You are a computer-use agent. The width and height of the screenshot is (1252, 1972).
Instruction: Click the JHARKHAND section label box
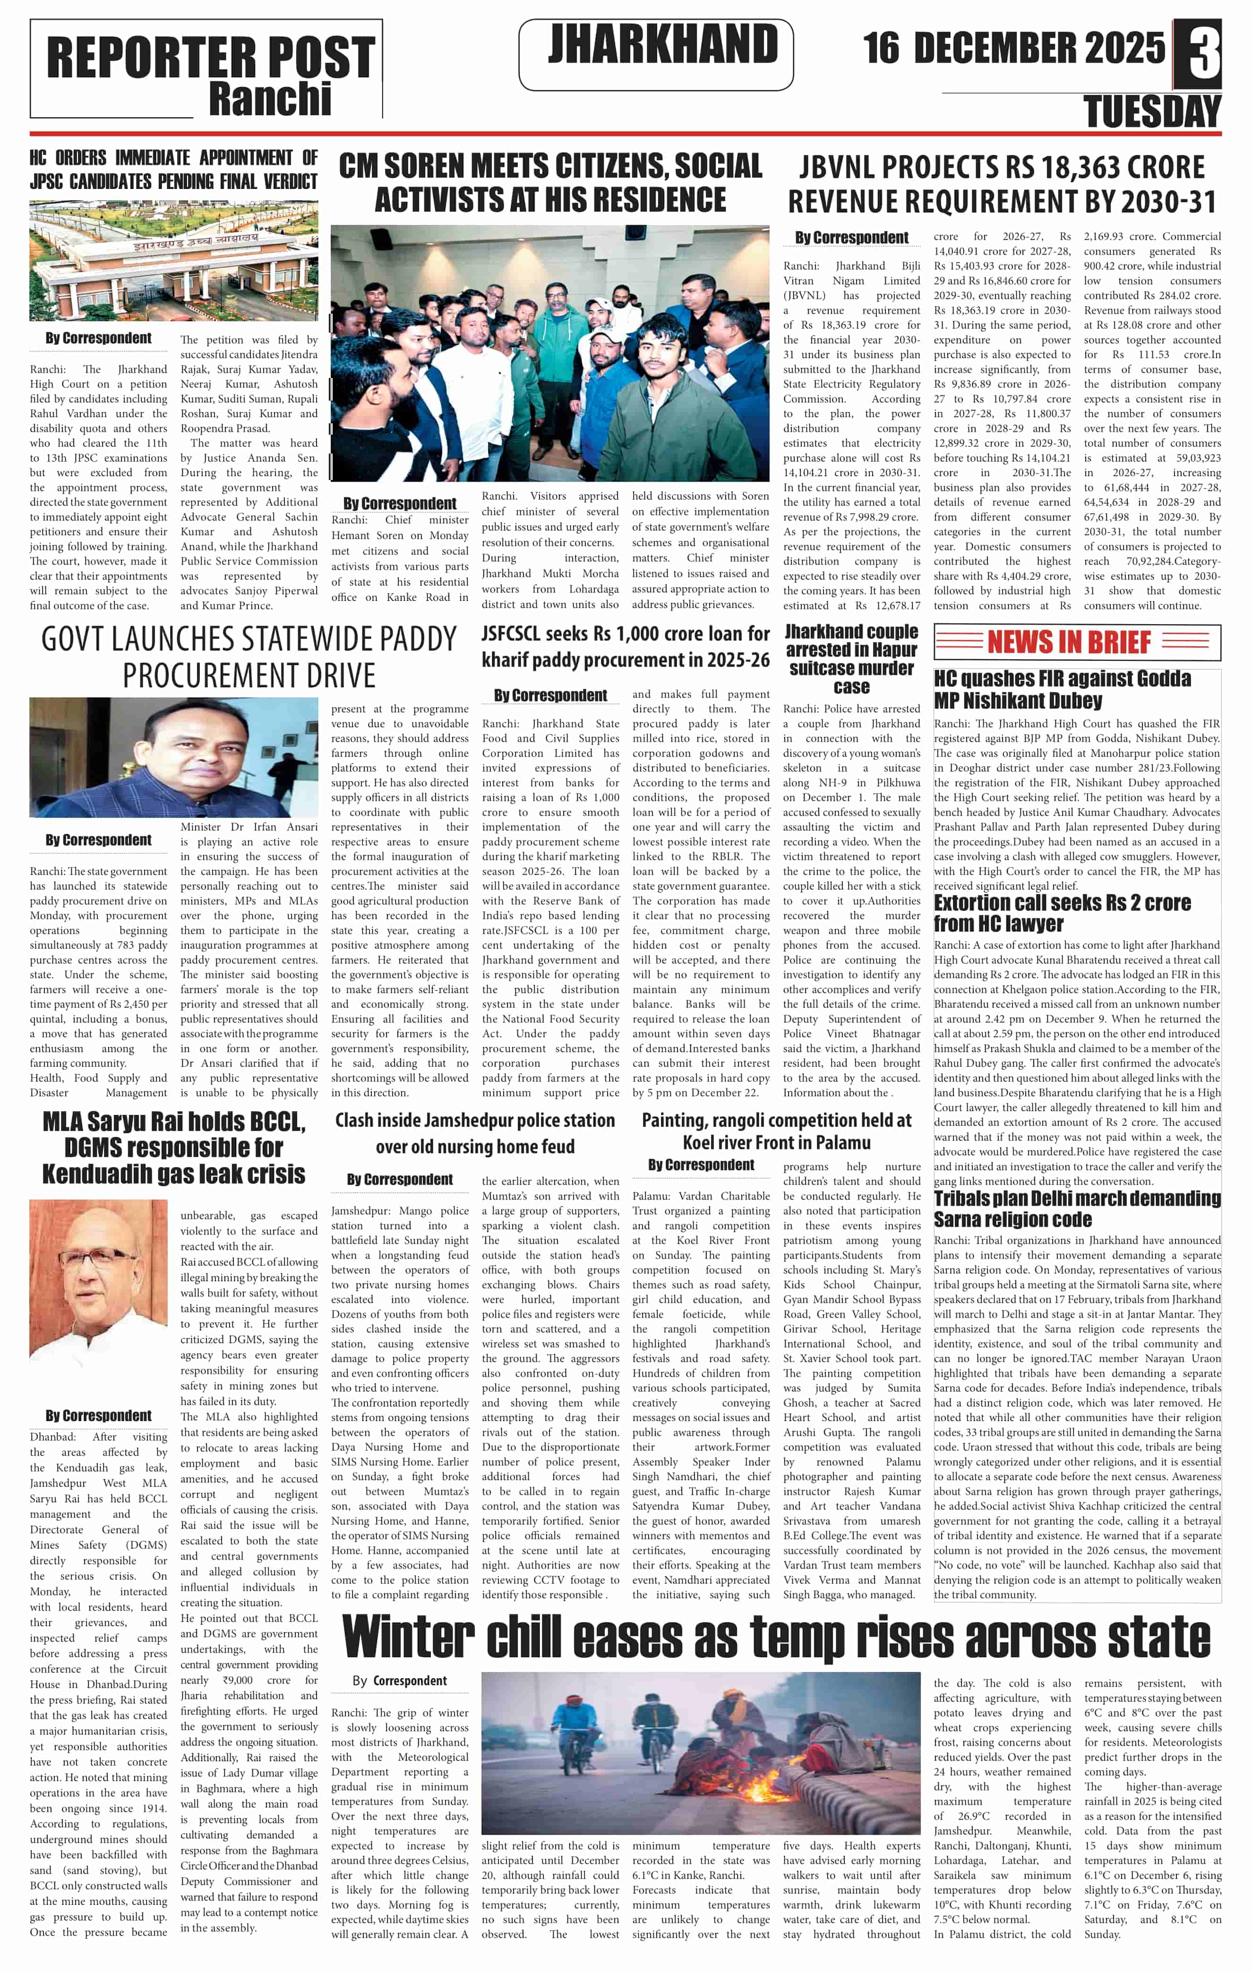click(x=656, y=54)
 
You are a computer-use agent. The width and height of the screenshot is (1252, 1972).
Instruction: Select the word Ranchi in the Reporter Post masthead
click(x=270, y=99)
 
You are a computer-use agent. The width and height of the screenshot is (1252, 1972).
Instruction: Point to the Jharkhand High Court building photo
click(x=173, y=260)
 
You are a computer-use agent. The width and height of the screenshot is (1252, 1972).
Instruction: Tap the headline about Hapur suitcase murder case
click(x=851, y=659)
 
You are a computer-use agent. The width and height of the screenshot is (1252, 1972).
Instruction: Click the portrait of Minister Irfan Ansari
click(x=173, y=757)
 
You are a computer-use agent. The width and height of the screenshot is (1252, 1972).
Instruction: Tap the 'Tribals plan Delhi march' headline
click(x=1077, y=1208)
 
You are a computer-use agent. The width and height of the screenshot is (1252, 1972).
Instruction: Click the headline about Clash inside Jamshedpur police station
click(x=475, y=1132)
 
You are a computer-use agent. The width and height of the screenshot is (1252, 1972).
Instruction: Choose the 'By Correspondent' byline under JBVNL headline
click(x=851, y=238)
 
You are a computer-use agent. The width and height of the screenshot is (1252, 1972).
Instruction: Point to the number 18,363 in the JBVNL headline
click(x=1064, y=167)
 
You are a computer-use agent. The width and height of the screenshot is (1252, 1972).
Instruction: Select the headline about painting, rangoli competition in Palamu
click(x=776, y=1131)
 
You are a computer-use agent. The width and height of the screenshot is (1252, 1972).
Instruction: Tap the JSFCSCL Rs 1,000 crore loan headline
click(x=626, y=646)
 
